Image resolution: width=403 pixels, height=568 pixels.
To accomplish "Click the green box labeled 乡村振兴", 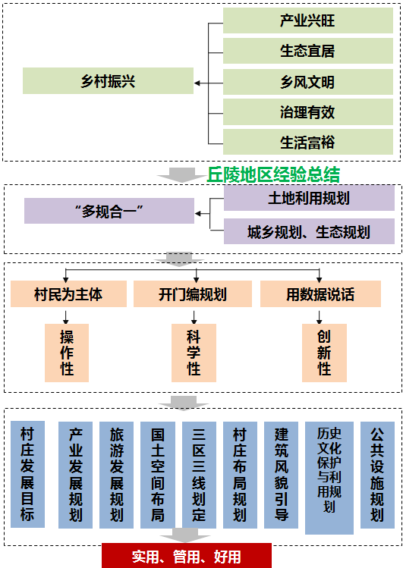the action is (x=108, y=81).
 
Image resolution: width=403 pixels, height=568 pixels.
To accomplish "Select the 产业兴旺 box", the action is (x=308, y=20).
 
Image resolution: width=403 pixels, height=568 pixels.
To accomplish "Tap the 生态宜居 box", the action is (x=308, y=51).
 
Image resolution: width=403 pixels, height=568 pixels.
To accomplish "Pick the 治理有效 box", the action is (x=308, y=112).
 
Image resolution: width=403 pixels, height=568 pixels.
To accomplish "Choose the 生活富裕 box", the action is (x=308, y=143).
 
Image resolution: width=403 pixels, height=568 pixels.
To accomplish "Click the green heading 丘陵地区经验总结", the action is (x=273, y=174).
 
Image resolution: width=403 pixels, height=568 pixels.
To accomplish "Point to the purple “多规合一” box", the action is (x=109, y=211).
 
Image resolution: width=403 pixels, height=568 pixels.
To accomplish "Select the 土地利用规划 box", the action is (x=309, y=198).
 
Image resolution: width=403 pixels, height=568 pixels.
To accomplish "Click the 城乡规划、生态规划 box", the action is (x=309, y=231).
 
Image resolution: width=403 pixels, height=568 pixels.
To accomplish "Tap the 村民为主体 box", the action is (x=68, y=294).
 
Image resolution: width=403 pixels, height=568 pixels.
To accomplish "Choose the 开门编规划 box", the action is (x=193, y=294).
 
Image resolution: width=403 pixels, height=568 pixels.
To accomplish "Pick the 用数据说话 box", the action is (x=320, y=294).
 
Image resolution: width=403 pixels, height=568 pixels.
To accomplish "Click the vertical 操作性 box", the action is (x=67, y=353).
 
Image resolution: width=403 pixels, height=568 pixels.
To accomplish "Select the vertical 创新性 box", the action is (x=324, y=353).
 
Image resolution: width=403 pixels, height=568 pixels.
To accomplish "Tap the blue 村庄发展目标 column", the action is (x=27, y=474).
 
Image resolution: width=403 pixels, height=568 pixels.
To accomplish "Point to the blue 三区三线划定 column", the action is (x=199, y=475).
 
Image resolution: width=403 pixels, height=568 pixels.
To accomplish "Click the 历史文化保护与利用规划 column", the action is (x=329, y=478).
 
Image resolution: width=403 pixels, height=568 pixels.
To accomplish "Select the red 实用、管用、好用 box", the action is (x=187, y=556).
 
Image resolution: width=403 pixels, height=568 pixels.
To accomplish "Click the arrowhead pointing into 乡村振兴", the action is (x=197, y=83).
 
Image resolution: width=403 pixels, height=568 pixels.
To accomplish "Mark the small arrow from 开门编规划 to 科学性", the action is (x=194, y=317).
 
